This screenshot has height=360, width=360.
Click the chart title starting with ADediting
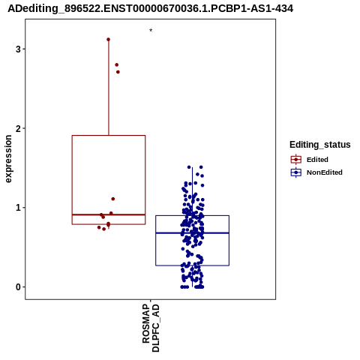[150, 9]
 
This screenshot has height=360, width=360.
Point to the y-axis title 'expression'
[8, 159]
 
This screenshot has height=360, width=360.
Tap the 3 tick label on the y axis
[18, 49]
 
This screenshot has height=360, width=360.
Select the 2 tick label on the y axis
[18, 128]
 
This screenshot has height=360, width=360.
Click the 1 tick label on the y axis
[18, 208]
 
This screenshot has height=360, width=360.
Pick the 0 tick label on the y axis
[18, 287]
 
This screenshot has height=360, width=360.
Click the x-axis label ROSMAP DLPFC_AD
[151, 328]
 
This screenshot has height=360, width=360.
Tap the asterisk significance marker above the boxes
[151, 30]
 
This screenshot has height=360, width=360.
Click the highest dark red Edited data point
[108, 40]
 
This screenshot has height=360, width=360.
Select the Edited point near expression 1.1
[113, 199]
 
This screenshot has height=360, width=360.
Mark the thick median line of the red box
[109, 214]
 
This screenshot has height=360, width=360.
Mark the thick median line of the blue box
[193, 233]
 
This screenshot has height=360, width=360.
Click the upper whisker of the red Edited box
[109, 88]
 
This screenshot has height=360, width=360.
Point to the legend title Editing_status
[320, 145]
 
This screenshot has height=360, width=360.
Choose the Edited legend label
[317, 160]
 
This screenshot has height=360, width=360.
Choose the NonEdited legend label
[325, 172]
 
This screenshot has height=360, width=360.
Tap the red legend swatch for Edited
[296, 160]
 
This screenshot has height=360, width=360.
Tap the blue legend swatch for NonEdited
[296, 172]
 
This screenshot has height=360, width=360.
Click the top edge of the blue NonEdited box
[193, 215]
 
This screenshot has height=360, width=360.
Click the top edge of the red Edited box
[109, 136]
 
